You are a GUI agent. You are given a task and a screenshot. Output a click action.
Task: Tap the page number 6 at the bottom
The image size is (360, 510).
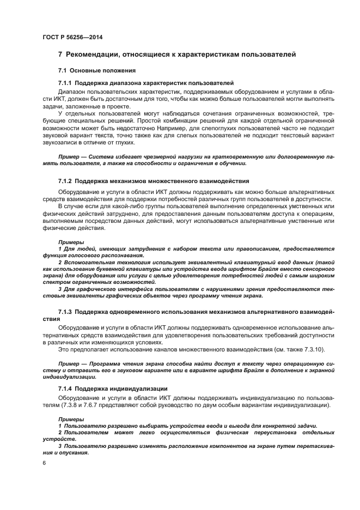coord(45,462)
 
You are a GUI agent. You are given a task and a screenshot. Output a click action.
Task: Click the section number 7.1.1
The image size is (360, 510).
coord(66,82)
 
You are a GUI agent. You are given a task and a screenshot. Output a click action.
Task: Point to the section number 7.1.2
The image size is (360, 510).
coord(66,180)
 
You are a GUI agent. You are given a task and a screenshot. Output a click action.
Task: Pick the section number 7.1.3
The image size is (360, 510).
coord(66,311)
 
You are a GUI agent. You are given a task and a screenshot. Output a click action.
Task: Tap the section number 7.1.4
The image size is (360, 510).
coord(66,388)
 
